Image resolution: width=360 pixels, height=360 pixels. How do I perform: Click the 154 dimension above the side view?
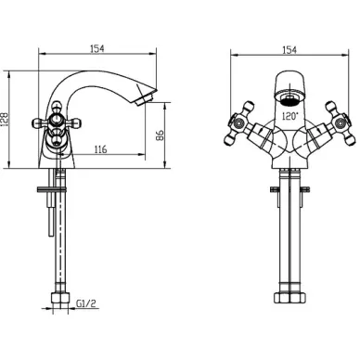pyautogui.click(x=97, y=48)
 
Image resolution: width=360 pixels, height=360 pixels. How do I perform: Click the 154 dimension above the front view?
pyautogui.click(x=289, y=50)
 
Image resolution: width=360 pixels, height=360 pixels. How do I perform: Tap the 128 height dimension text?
pyautogui.click(x=5, y=119)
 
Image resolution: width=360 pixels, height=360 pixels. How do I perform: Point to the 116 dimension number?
pyautogui.click(x=100, y=149)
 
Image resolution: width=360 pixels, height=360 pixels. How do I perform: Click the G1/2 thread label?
pyautogui.click(x=86, y=303)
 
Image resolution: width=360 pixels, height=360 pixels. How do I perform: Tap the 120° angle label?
pyautogui.click(x=290, y=116)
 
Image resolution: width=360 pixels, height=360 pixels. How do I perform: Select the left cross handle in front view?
pyautogui.click(x=240, y=123)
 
